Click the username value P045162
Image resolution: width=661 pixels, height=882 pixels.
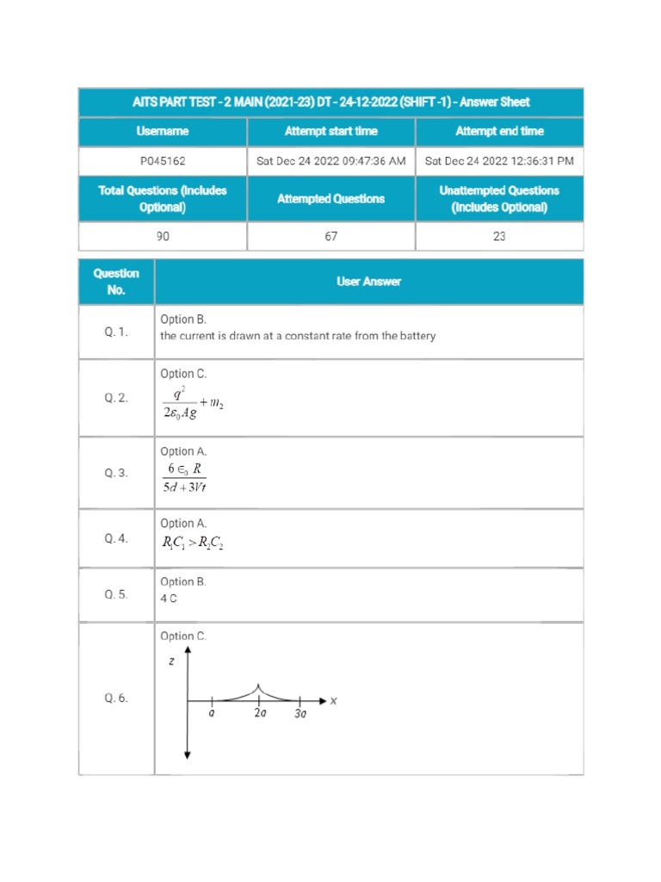tap(163, 161)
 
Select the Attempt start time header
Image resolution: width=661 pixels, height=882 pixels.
tap(330, 132)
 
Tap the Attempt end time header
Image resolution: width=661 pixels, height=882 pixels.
tap(499, 132)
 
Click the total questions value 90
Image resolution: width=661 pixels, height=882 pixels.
tap(163, 237)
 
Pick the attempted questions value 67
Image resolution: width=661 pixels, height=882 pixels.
tap(330, 237)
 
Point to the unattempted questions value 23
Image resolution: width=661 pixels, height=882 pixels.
tap(499, 237)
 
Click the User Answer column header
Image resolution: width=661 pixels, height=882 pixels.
tap(368, 282)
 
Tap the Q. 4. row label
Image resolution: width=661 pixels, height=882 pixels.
tap(116, 538)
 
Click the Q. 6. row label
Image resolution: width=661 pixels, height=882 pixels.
tap(116, 699)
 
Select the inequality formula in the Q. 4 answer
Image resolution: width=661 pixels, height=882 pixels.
tap(194, 543)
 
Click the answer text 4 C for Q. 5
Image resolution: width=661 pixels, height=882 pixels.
tap(169, 599)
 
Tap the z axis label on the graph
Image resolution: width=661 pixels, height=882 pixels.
tap(172, 661)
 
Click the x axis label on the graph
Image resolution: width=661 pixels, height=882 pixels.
tap(333, 702)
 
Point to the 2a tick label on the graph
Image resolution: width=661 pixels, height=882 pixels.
tap(260, 714)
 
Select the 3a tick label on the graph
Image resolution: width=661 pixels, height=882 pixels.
tap(300, 715)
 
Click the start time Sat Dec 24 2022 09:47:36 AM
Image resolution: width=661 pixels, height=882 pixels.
tap(330, 161)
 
